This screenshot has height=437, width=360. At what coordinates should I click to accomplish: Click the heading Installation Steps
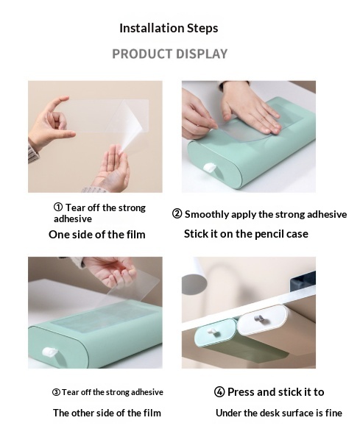coord(169,28)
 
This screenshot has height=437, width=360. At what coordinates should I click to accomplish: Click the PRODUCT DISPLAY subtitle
coord(170,54)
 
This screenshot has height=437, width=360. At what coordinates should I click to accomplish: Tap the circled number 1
coord(58,207)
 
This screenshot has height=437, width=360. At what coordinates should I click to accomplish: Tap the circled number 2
coord(177,214)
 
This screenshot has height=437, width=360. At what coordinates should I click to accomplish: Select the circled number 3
coord(56,392)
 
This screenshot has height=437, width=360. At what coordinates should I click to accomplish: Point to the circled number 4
coord(219,392)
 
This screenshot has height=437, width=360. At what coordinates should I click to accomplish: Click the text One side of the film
coord(97,235)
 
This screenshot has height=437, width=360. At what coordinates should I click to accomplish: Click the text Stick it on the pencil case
coord(246,234)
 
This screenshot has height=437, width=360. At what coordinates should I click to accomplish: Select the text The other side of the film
coord(107,413)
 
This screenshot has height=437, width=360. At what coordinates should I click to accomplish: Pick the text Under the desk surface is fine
coord(279,413)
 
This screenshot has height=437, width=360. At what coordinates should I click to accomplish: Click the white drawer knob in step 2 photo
coord(209,168)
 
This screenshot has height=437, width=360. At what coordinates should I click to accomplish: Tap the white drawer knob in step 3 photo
coord(49,352)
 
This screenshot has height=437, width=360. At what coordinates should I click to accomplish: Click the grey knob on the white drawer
coord(259,319)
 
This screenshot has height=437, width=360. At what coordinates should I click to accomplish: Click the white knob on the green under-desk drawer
coord(212,331)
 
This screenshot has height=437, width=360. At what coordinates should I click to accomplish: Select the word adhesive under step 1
coord(73,218)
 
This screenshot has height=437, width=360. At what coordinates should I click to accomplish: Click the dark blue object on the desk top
coord(303,280)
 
